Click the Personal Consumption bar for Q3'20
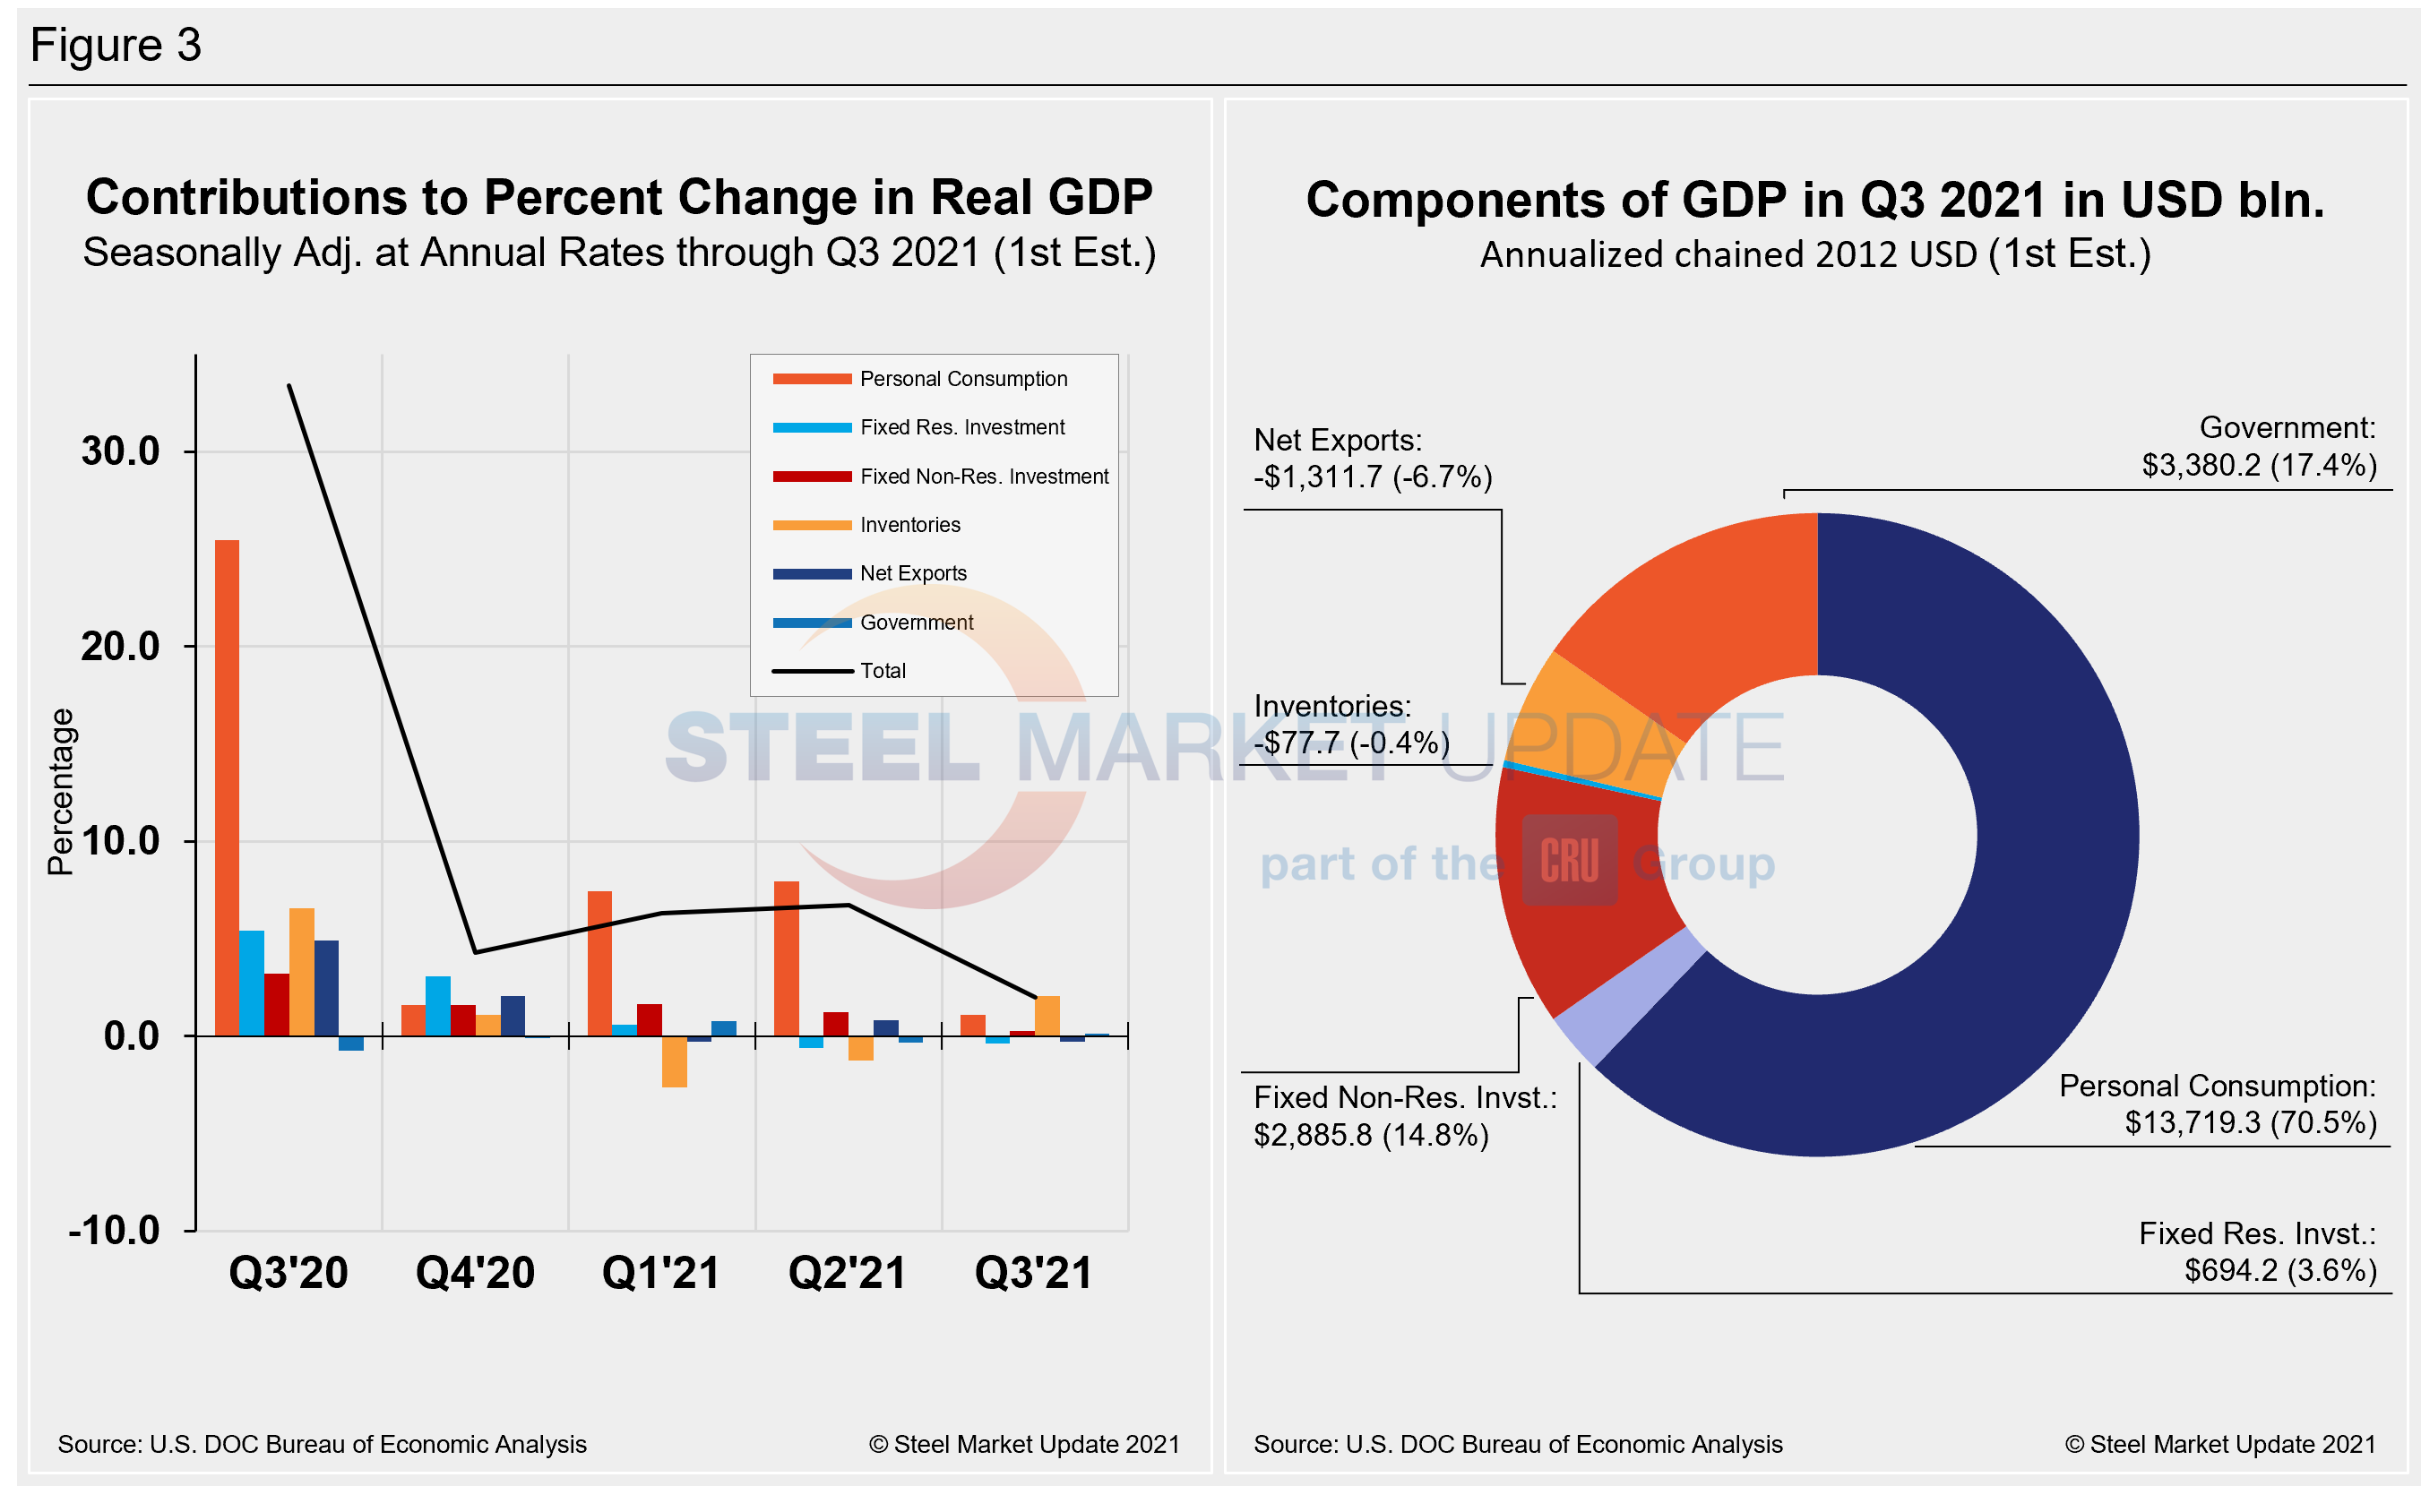point(227,787)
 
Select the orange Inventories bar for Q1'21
point(675,1061)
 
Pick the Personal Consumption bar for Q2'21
point(787,958)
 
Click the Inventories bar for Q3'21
point(1047,1017)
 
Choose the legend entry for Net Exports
point(912,573)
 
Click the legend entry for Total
point(882,670)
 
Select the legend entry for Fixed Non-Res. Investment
point(983,476)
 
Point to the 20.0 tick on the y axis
point(120,647)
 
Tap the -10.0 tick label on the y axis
point(114,1231)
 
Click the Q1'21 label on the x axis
point(660,1273)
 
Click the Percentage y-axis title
point(61,791)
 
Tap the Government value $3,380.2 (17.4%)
point(2259,464)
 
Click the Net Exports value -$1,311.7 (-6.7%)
point(1372,477)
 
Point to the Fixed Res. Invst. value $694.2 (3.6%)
point(2279,1270)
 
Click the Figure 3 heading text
point(116,45)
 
